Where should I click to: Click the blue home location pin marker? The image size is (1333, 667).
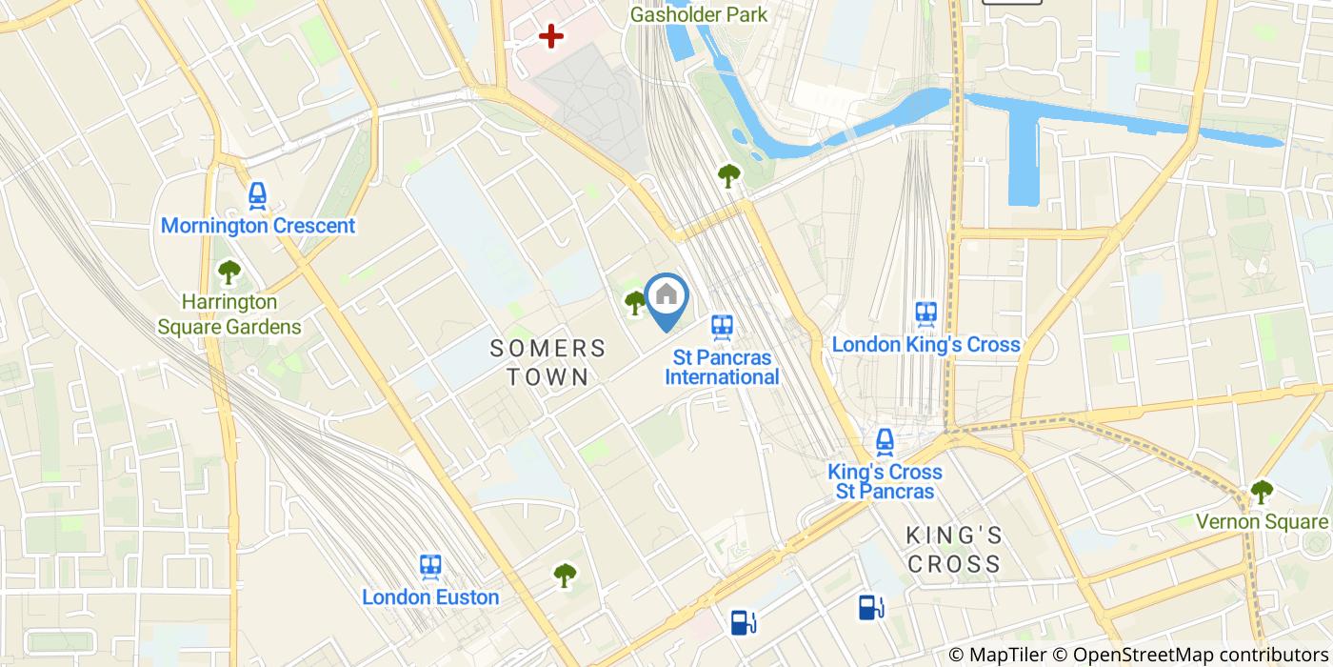pos(666,298)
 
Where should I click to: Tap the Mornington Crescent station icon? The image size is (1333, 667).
pos(257,196)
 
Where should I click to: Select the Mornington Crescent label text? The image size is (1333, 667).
pos(257,226)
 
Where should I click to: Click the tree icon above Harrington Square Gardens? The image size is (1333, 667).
pos(229,273)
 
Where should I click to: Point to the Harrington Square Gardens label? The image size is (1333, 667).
pos(229,314)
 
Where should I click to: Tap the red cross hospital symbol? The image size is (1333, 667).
pos(550,37)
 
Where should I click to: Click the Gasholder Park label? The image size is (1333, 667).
pos(699,14)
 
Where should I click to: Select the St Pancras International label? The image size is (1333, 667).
pos(722,367)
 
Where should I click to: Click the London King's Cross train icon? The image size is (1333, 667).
pos(925,313)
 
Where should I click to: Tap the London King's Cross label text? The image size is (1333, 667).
pos(925,344)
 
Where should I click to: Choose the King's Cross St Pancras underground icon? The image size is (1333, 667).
pos(885,441)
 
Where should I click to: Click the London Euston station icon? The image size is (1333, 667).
pos(430,567)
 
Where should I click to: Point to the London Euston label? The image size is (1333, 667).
pos(430,597)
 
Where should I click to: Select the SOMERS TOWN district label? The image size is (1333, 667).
pos(547,362)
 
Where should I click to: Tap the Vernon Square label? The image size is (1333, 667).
pos(1261,522)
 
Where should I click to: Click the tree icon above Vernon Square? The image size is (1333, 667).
pos(1261,492)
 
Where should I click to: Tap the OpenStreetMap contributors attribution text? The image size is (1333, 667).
pos(1203,654)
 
